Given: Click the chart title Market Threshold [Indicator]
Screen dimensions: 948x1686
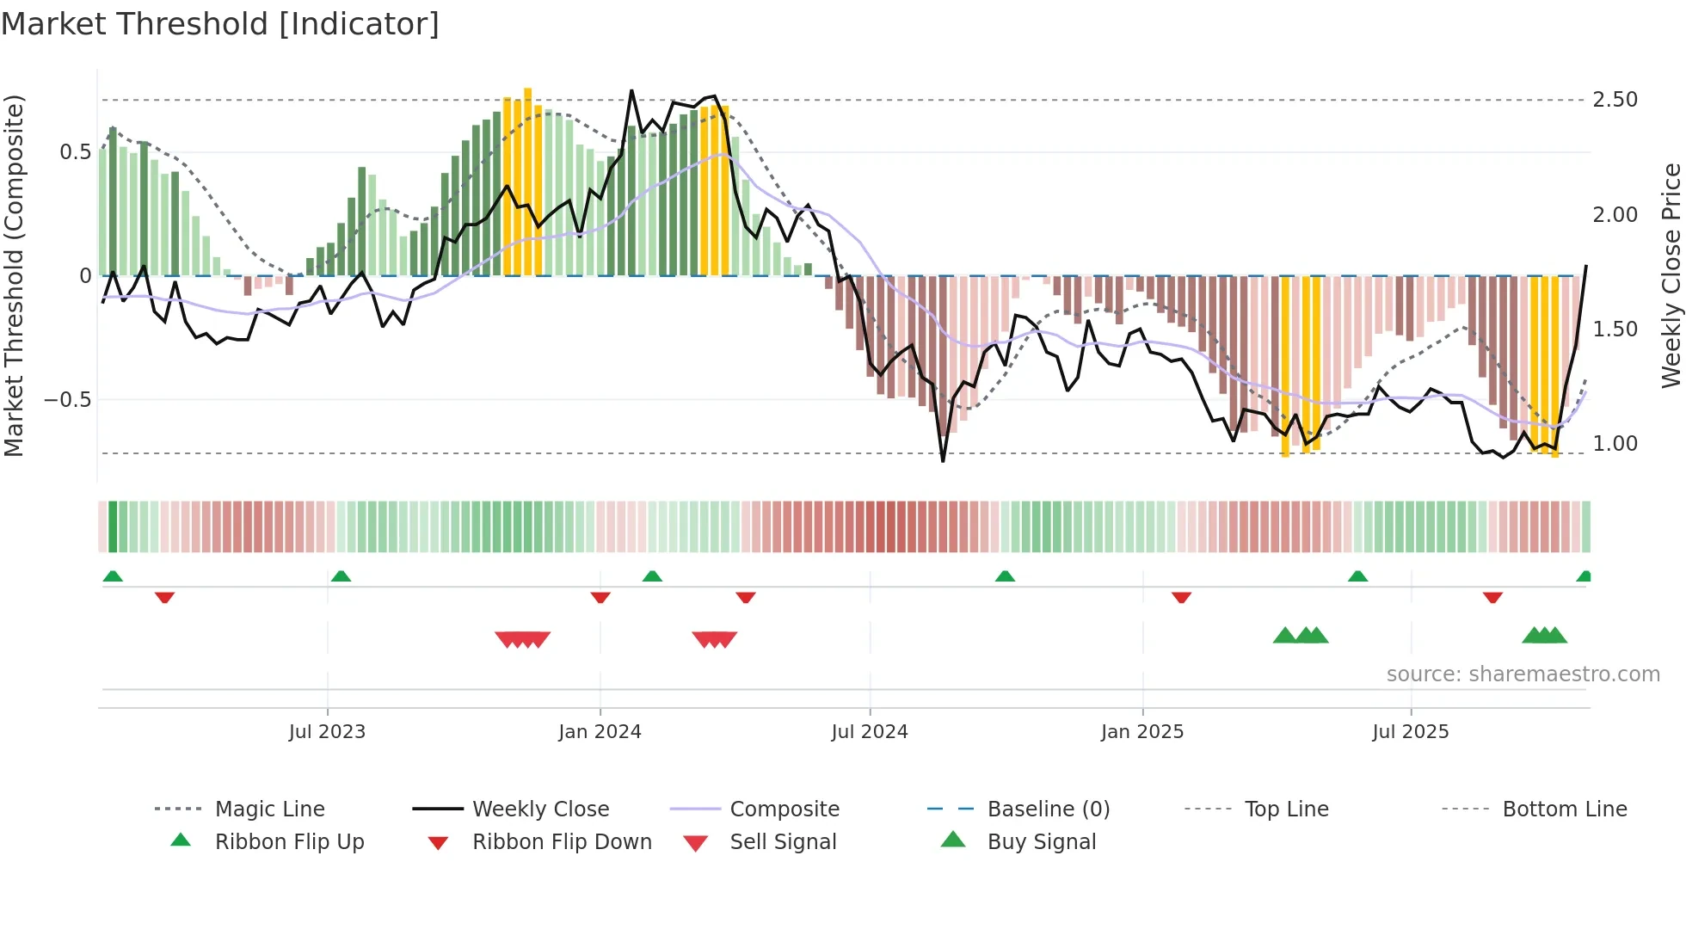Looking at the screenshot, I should coord(220,24).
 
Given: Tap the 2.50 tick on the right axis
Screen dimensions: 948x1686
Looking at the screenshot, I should coord(1615,100).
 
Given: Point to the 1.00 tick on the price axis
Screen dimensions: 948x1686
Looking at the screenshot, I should coord(1615,444).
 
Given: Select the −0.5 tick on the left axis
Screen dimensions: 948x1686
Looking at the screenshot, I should coord(67,400).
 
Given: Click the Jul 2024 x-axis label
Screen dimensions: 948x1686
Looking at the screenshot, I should coord(869,732).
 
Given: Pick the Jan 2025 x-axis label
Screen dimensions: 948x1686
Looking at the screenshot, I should coord(1141,732).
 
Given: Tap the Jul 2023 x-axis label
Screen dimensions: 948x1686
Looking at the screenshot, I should coord(327,732).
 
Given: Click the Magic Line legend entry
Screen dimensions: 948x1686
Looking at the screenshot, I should coord(269,809).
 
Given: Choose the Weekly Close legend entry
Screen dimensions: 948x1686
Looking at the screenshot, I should coord(540,809).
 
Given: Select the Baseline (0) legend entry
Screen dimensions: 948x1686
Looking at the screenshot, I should coord(1048,809).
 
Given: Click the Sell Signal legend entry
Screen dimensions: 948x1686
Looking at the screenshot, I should coord(782,842).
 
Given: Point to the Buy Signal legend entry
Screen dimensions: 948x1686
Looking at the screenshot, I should coord(1041,842).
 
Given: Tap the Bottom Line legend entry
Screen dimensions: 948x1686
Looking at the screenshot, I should coord(1564,809).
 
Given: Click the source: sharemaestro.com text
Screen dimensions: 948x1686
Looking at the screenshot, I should coord(1523,674).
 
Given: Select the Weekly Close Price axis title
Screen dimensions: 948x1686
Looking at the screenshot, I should coord(1671,275).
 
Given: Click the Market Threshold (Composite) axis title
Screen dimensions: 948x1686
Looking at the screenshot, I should coord(14,275).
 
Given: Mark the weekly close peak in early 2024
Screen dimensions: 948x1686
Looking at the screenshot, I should coord(631,90).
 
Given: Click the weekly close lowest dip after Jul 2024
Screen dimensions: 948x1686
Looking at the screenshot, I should coord(943,461).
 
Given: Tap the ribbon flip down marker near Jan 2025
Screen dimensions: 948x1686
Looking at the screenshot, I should coord(1181,597).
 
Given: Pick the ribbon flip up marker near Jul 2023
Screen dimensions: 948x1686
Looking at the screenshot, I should coord(341,576).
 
